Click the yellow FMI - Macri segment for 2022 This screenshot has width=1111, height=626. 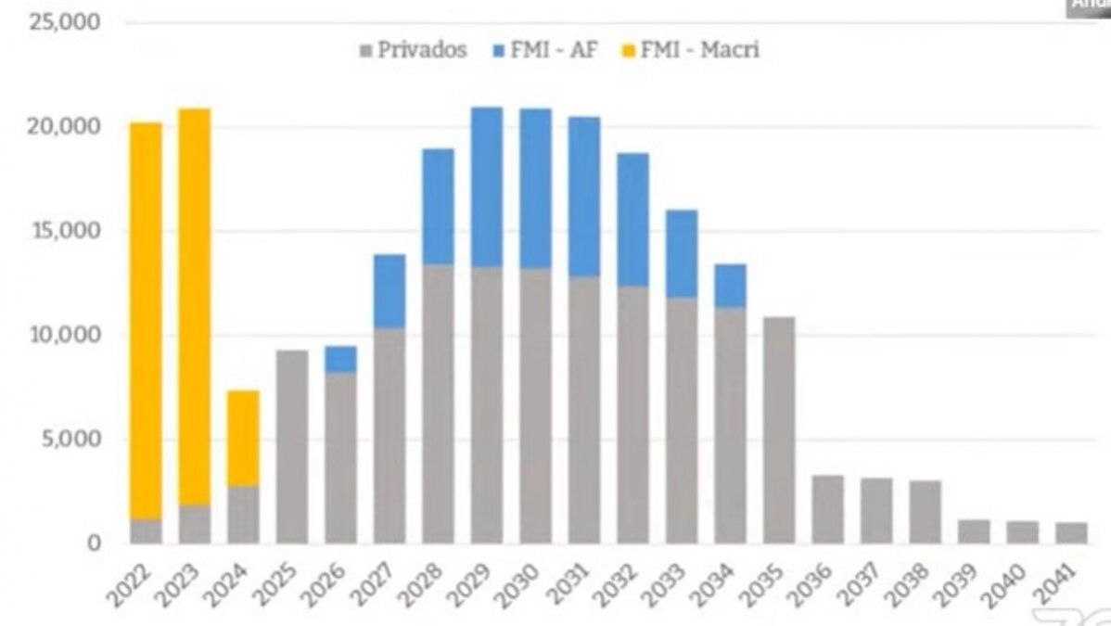146,320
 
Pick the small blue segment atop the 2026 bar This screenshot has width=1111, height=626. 340,359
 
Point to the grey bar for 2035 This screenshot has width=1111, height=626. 779,430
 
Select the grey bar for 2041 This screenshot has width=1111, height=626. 1071,533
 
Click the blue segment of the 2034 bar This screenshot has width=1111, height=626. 730,286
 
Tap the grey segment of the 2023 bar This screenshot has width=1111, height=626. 195,524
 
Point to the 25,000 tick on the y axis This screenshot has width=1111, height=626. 64,22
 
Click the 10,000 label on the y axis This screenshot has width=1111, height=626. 64,335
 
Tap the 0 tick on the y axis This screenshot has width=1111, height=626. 93,543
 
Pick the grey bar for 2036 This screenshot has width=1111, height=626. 827,509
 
